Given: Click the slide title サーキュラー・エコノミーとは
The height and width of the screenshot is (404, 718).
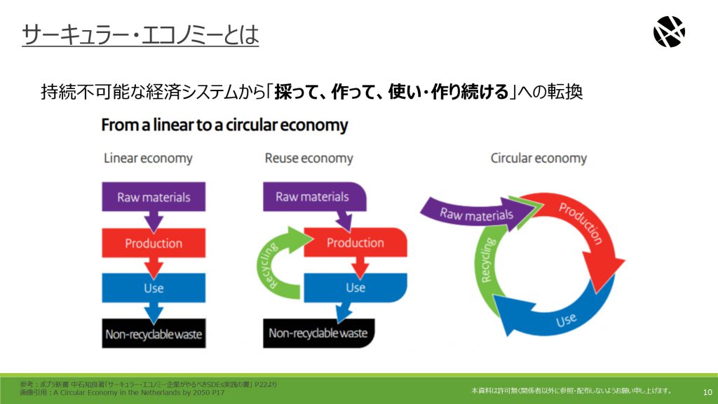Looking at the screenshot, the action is point(140,35).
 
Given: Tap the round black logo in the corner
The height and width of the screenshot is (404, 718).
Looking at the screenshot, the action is point(669,32).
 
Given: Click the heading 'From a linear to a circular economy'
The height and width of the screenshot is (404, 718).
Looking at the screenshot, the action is point(224,125).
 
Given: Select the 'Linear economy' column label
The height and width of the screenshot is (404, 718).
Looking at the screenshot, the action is point(148,158).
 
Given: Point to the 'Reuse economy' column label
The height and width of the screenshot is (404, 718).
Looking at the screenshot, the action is point(309,158).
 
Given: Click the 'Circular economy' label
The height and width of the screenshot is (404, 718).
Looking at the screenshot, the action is point(538,158).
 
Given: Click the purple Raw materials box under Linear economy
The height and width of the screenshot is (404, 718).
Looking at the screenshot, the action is point(154,197).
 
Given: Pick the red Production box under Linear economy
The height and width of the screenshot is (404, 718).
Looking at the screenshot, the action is point(154,243).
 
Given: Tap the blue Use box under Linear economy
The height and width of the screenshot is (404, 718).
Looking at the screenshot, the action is point(154,288).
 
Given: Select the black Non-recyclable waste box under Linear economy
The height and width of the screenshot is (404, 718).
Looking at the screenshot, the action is point(154,333).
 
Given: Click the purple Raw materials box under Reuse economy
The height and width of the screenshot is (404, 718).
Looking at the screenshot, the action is point(315,197).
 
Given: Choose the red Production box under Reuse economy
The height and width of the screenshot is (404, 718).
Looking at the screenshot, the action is point(355,242).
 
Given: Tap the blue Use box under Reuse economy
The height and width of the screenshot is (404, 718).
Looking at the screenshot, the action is point(355,288).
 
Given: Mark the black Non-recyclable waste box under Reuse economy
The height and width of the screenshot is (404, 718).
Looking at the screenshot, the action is point(319,333).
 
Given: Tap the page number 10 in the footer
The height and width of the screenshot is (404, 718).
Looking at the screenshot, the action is point(707,392).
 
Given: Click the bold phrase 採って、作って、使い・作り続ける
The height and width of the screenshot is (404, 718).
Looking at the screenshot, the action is point(392,92).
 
